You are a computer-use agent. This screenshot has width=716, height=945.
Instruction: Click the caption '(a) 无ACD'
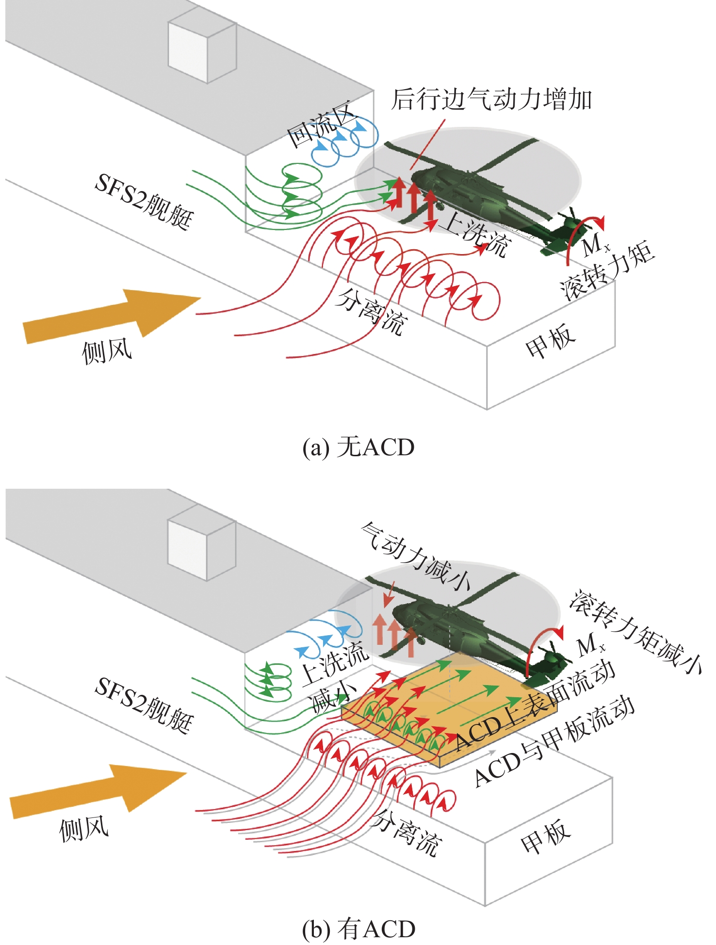coord(358,447)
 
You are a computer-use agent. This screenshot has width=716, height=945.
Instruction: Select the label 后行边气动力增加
coord(491,99)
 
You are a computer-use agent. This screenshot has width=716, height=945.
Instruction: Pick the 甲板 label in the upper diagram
coord(550,341)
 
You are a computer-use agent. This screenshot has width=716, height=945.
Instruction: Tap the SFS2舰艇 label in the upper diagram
coord(144,201)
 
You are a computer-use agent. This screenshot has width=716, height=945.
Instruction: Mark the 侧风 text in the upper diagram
coord(107,352)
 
